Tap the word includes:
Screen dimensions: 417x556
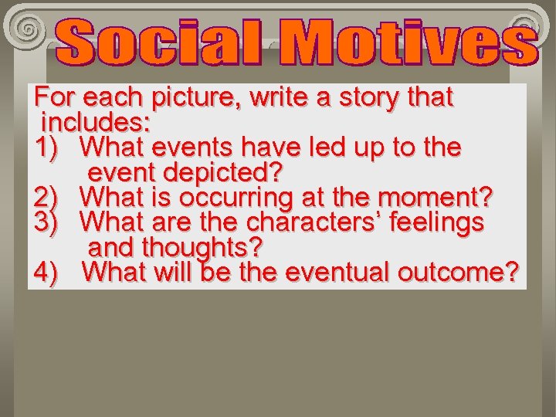tap(96, 122)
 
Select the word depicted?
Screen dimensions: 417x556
tap(223, 171)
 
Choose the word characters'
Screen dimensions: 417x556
tap(312, 222)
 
